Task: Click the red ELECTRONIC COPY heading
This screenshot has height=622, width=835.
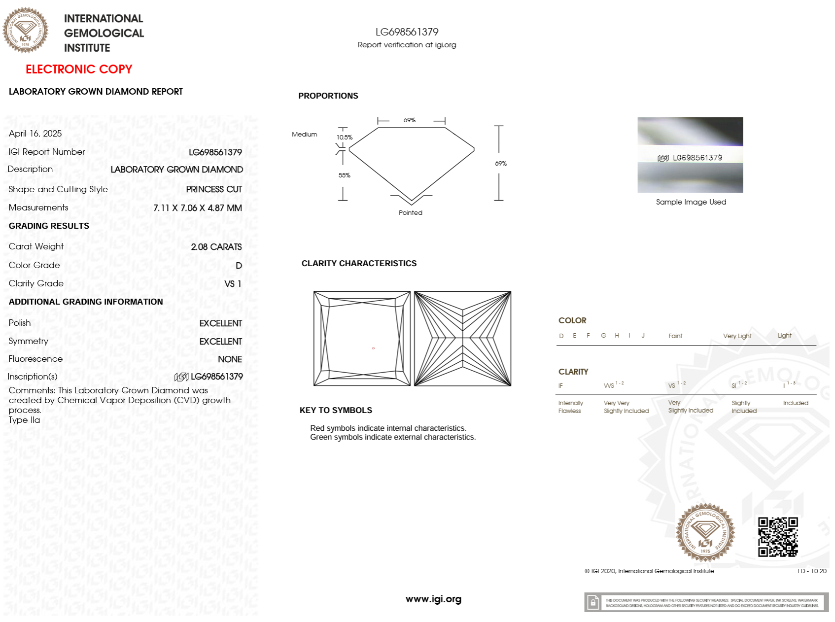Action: click(79, 69)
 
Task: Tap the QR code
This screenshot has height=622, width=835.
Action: click(777, 537)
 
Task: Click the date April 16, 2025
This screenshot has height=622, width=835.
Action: click(35, 134)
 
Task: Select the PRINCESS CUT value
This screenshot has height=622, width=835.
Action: click(214, 189)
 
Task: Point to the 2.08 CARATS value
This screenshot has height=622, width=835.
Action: click(216, 247)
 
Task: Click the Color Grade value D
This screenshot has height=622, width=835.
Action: click(239, 266)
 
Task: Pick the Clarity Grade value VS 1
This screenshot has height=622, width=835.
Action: click(233, 284)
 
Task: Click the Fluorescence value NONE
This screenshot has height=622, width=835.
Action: click(230, 359)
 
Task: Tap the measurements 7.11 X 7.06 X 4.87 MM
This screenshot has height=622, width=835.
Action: click(197, 208)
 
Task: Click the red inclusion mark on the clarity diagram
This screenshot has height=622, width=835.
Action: click(373, 348)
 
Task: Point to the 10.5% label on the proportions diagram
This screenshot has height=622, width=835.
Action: click(345, 138)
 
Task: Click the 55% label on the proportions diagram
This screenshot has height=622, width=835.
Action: click(345, 175)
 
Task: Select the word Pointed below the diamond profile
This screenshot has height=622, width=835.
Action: click(411, 213)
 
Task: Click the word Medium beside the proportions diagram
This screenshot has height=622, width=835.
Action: click(305, 135)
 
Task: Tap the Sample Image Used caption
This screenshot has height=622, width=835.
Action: click(691, 202)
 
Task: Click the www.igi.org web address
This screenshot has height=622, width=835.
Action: click(433, 599)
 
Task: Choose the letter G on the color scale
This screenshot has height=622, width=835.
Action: click(603, 336)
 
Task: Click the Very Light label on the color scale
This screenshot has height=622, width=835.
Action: click(737, 336)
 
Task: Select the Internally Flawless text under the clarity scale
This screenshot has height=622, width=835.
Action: click(570, 407)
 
